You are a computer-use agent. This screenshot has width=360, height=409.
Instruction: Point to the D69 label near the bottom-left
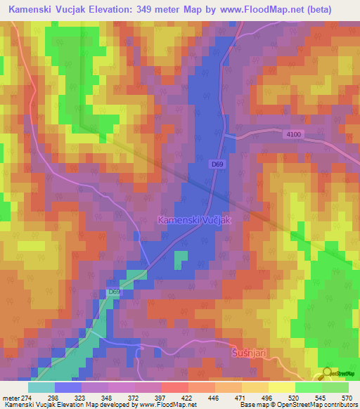pos(115,292)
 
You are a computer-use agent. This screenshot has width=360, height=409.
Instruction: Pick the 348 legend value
pos(108,398)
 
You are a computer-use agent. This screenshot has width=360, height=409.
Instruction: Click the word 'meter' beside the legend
pos(10,398)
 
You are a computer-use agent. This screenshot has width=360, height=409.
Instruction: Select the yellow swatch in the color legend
pos(281,387)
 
